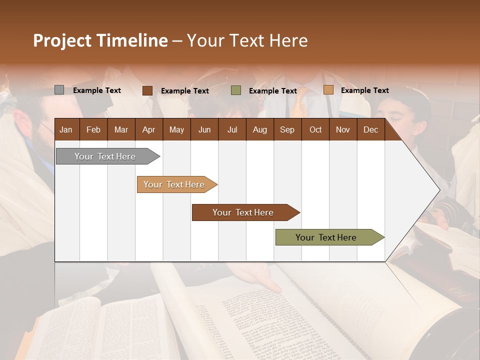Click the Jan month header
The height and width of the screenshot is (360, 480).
point(66,129)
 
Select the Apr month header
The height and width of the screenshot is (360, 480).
point(148,129)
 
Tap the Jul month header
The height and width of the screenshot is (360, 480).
point(232,129)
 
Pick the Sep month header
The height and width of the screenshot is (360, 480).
point(287,129)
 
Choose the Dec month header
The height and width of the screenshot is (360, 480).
point(370,129)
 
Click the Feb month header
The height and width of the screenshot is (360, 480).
point(93,129)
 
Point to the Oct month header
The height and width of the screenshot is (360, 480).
point(315,129)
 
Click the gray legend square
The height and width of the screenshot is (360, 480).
point(59,90)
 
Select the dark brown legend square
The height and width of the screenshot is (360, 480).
point(147,90)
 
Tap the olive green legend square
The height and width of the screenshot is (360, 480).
point(236,90)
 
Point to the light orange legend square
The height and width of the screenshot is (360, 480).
point(328,90)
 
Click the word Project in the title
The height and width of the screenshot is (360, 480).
point(62,40)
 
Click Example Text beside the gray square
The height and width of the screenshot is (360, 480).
point(97,90)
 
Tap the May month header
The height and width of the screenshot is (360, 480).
point(176,129)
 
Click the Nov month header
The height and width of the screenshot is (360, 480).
point(343,129)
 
